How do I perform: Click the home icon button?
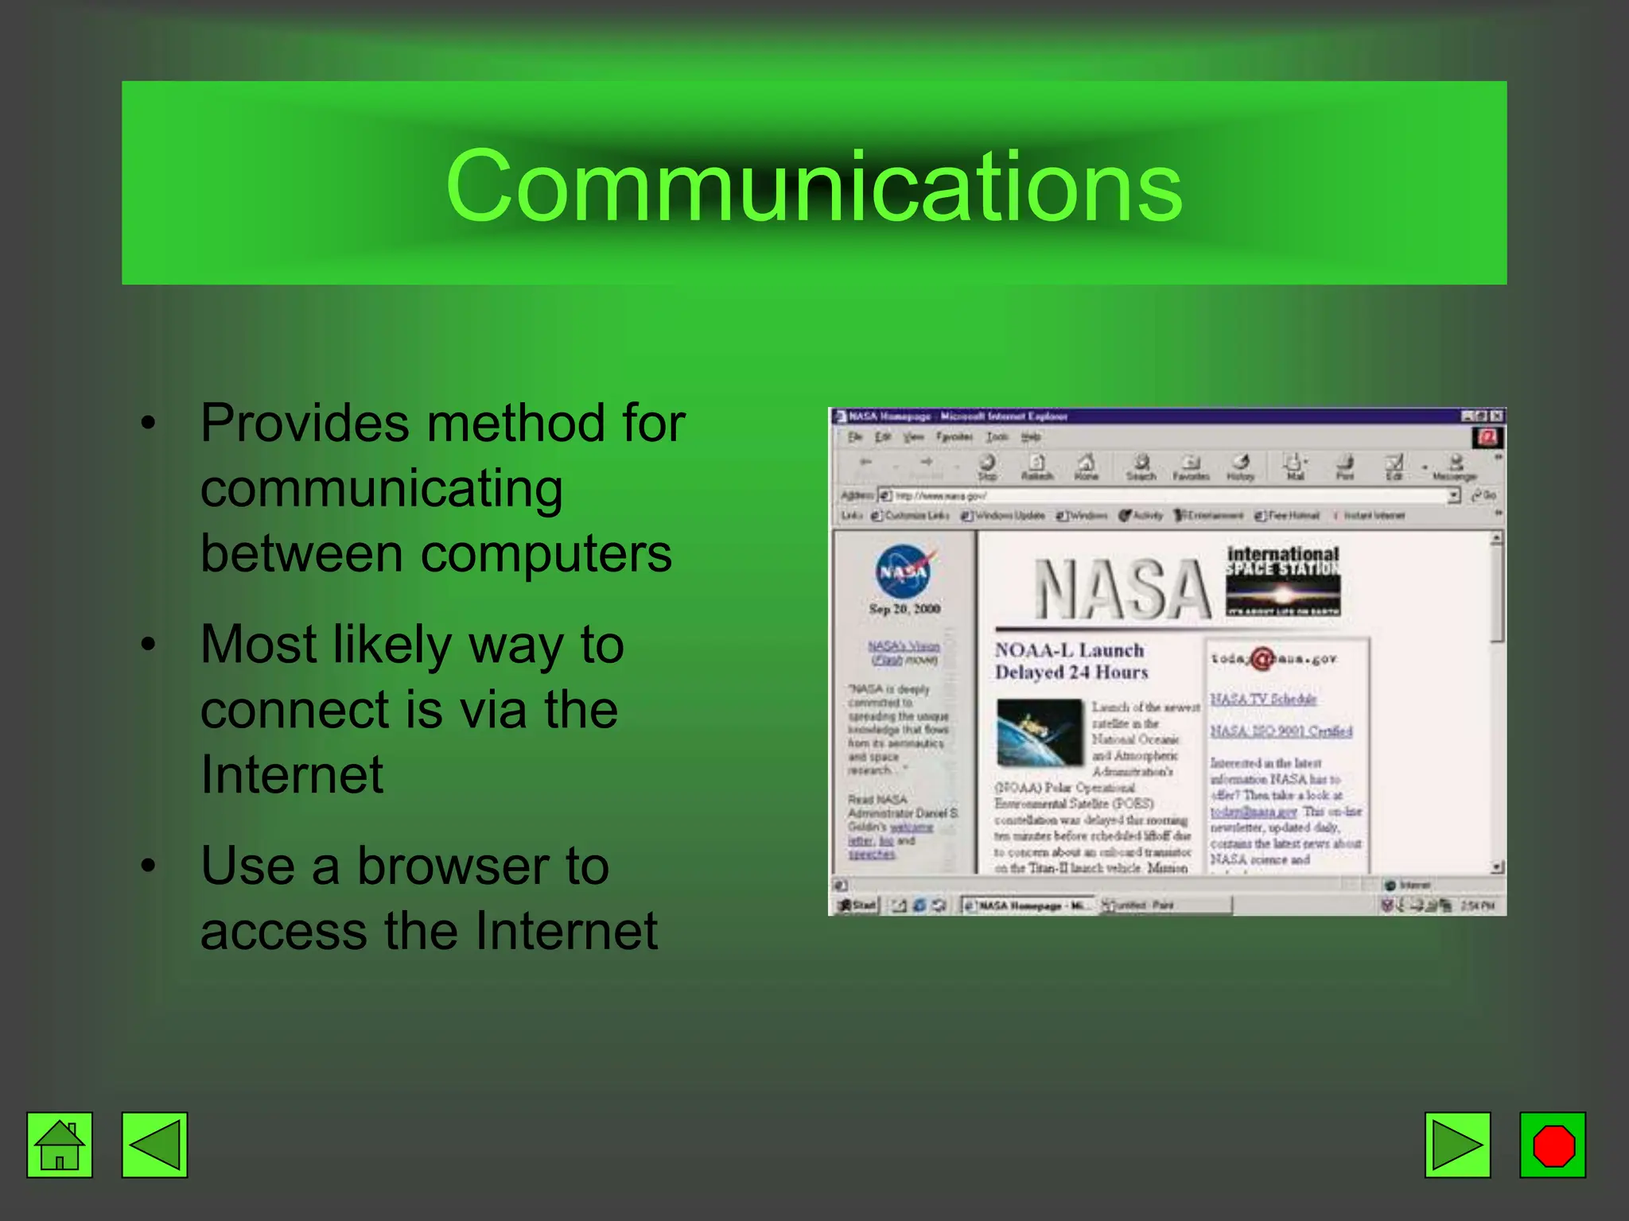(x=60, y=1145)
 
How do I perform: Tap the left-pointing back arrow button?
(x=154, y=1145)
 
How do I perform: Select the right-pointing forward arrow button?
(x=1457, y=1145)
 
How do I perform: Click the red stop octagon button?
(x=1553, y=1145)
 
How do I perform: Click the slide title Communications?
(x=814, y=185)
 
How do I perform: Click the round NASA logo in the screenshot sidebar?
(x=904, y=572)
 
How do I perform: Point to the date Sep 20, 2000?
(x=904, y=609)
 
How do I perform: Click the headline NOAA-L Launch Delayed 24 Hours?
(x=1071, y=661)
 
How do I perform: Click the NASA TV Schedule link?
(x=1263, y=700)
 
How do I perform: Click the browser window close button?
(x=1496, y=416)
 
